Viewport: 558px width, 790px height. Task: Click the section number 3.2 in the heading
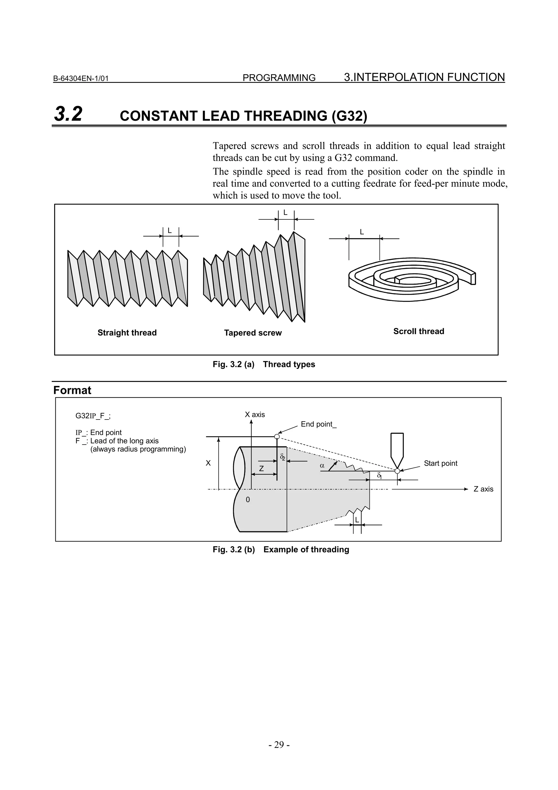[68, 114]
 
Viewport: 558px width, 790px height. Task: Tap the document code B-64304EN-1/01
[81, 79]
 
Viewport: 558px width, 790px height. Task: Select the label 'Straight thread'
[127, 333]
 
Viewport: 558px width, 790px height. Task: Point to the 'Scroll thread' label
[419, 331]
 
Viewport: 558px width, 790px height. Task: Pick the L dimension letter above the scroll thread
[362, 232]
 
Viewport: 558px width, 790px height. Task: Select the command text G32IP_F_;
[93, 416]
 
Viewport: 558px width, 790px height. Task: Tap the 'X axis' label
[255, 415]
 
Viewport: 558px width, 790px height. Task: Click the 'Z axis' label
[483, 489]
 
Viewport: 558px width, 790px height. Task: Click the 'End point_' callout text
[319, 424]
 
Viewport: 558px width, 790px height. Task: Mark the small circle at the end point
[277, 437]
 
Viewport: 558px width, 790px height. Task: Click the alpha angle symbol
[322, 466]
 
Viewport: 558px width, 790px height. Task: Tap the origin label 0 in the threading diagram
[248, 500]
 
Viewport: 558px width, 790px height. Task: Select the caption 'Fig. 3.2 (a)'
[233, 364]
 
